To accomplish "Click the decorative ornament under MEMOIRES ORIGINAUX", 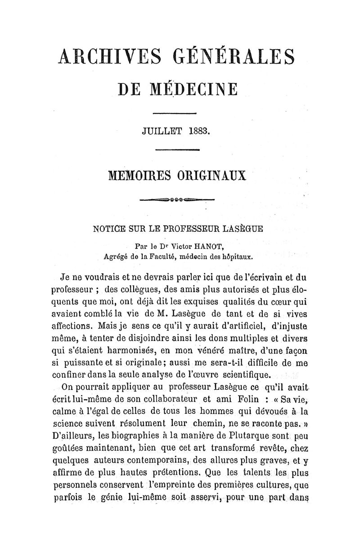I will coord(177,199).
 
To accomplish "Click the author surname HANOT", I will coord(207,247).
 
